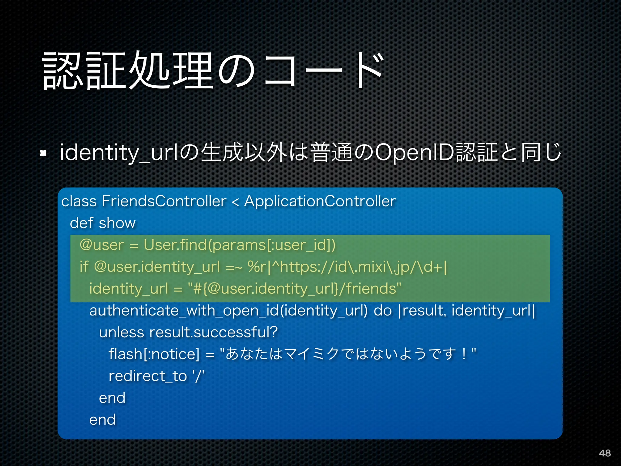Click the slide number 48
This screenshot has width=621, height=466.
coord(605,453)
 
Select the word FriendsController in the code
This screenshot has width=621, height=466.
coord(164,201)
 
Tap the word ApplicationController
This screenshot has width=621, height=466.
coord(320,201)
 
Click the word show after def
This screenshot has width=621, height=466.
coord(117,223)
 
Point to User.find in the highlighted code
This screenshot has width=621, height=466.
coord(175,245)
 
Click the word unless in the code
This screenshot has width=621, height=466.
coord(121,332)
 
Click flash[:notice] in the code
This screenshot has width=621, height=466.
coord(154,354)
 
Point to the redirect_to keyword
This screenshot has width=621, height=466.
coord(148,376)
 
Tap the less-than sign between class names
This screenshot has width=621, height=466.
coord(235,202)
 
